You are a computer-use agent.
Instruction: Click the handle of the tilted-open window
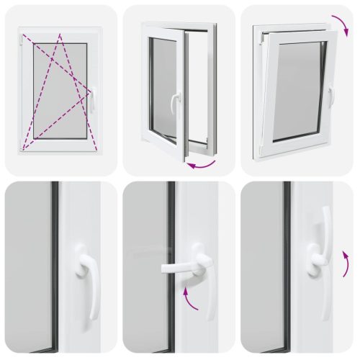pos(330,95)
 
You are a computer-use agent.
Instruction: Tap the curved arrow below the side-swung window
pos(201,166)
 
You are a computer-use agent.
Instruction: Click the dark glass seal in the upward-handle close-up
pos(287,266)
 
